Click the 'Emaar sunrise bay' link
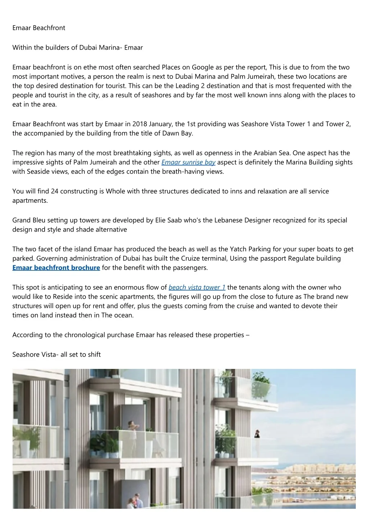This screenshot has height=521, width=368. coord(188,162)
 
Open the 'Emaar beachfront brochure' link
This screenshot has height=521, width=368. coord(56,268)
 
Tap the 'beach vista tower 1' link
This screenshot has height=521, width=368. coord(197,287)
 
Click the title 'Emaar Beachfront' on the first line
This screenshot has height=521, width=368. coord(39,28)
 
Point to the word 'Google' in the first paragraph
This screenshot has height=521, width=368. coord(203,67)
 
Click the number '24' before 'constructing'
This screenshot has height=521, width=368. coord(55,191)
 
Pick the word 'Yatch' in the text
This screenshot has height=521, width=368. coord(238,249)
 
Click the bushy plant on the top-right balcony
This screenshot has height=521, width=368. coord(261,381)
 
